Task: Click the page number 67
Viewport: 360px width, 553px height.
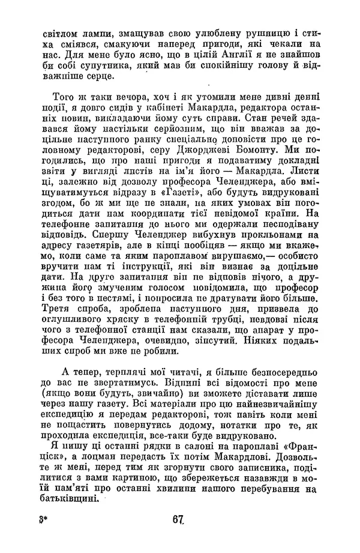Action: pyautogui.click(x=176, y=519)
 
